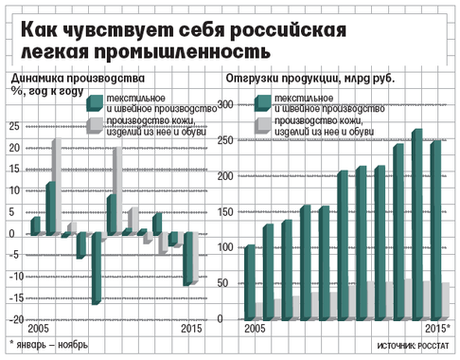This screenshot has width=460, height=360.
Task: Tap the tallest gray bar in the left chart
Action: [x=57, y=186]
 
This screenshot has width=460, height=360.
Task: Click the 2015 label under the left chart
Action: [x=192, y=329]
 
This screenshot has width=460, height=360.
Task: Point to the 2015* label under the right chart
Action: [x=435, y=329]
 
